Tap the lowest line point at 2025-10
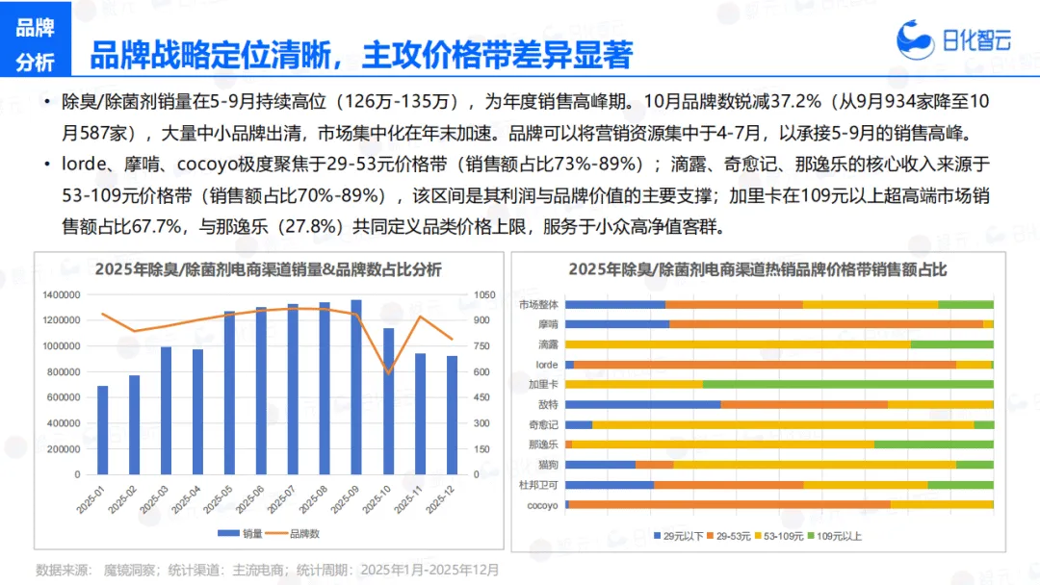387,372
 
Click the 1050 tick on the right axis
483,294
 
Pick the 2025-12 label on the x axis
441,499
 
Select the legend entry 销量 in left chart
243,533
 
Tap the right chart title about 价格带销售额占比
757,269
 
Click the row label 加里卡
543,384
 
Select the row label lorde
547,365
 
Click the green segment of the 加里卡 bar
847,384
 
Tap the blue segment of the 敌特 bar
642,404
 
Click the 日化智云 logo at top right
953,38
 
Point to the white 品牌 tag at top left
36,27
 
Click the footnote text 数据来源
62,570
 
